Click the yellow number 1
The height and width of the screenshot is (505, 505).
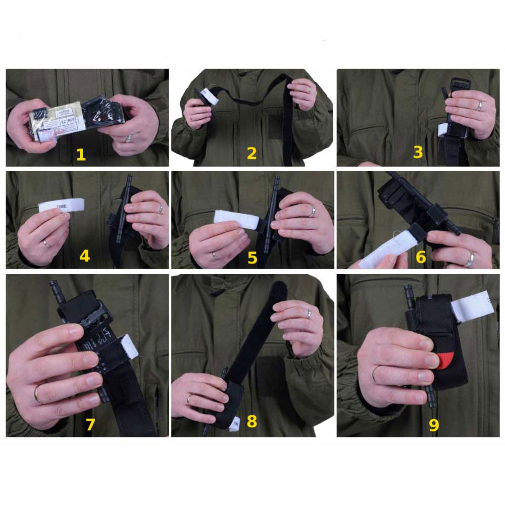pyautogui.click(x=81, y=154)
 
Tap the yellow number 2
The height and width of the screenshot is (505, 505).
pyautogui.click(x=251, y=154)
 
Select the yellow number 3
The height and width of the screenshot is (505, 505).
pyautogui.click(x=418, y=152)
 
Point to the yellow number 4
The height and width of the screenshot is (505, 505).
pyautogui.click(x=84, y=256)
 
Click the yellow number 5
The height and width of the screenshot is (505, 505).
pyautogui.click(x=252, y=258)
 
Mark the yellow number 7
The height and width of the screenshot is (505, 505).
pyautogui.click(x=90, y=425)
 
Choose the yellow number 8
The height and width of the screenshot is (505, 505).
pyautogui.click(x=251, y=421)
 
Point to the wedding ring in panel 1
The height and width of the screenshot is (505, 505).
pyautogui.click(x=129, y=138)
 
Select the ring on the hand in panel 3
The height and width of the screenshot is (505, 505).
pyautogui.click(x=479, y=106)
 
